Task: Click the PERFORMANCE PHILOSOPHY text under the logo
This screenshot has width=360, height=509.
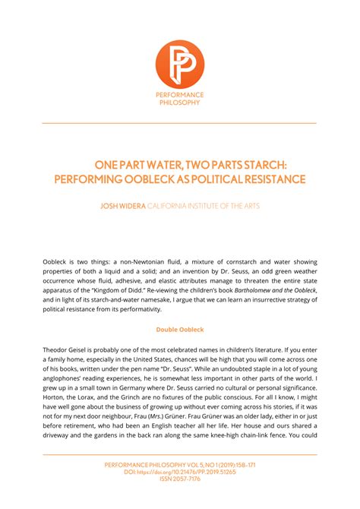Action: [180, 100]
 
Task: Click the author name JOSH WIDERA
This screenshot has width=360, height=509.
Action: [122, 207]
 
